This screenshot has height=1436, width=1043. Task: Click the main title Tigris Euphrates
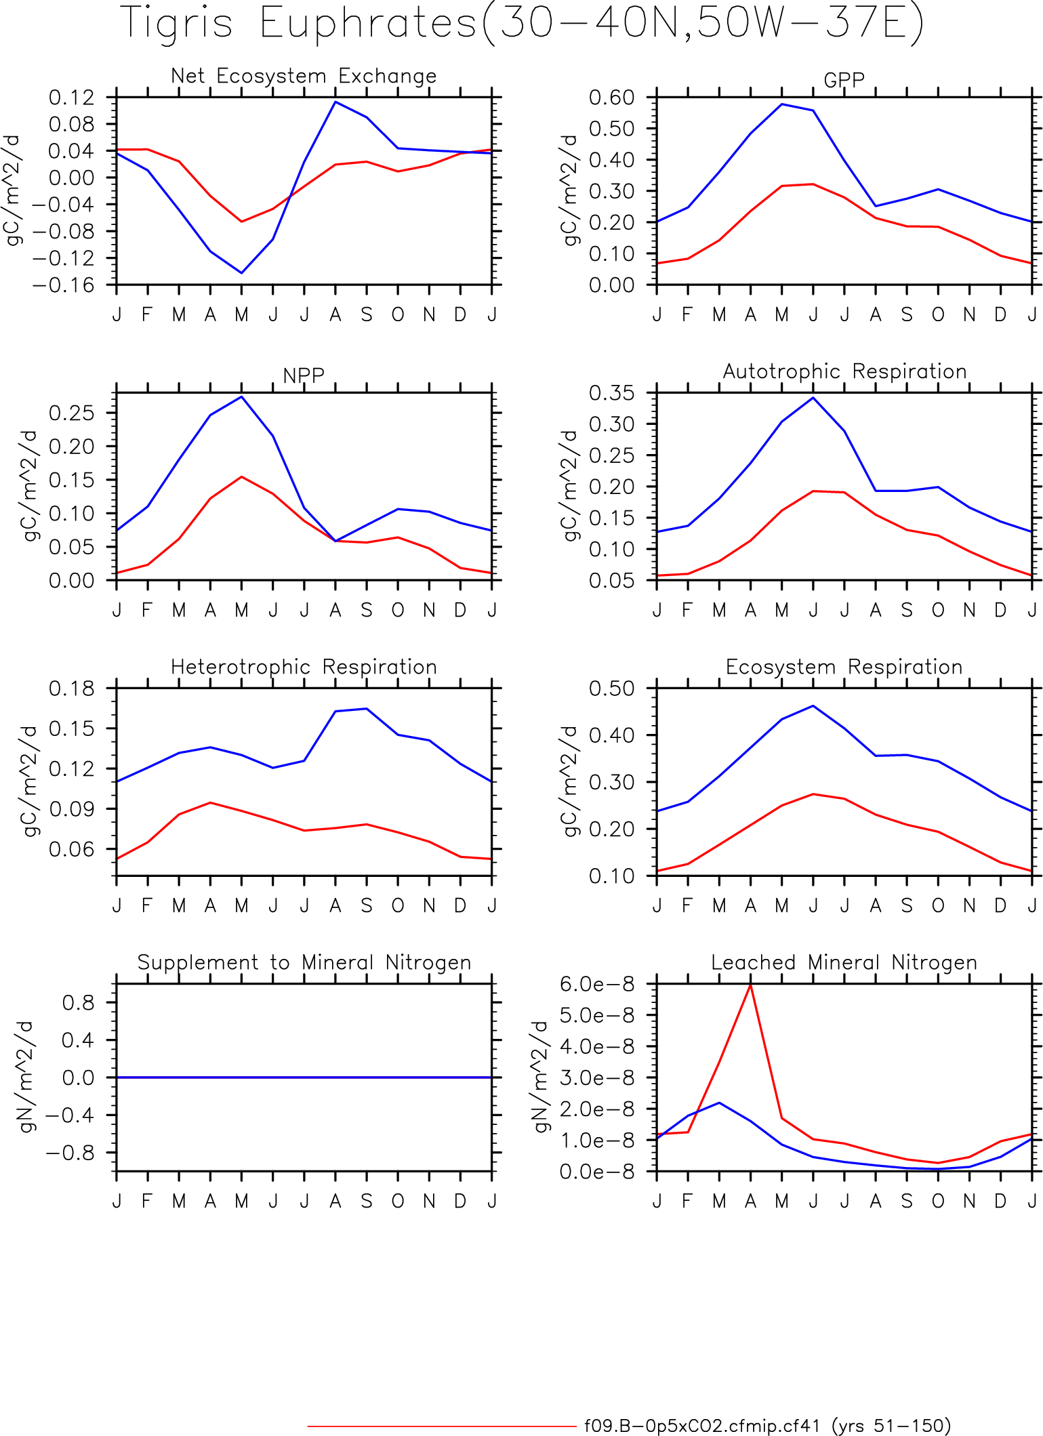[299, 23]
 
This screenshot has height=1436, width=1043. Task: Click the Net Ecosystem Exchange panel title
[304, 76]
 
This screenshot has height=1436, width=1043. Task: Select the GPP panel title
[844, 80]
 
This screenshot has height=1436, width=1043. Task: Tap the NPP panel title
[304, 375]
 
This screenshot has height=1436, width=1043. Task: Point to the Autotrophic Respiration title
[844, 371]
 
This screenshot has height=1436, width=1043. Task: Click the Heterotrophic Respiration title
[304, 667]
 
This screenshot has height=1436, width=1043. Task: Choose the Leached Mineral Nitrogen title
[844, 962]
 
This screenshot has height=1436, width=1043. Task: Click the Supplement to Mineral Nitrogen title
[304, 962]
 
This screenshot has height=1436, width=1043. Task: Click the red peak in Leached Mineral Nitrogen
[750, 984]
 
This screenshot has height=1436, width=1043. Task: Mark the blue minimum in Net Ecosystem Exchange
[241, 273]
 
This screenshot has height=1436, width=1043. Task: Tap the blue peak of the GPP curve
[781, 104]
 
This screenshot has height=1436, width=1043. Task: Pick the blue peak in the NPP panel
[241, 397]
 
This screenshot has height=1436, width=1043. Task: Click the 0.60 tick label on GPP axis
[611, 98]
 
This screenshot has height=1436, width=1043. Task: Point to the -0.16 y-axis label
[63, 285]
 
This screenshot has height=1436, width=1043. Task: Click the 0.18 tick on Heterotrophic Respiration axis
[71, 689]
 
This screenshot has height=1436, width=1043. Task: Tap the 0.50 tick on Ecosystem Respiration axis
[611, 689]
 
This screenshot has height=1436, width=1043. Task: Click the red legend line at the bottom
[441, 1426]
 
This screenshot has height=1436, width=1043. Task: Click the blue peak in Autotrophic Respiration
[813, 398]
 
